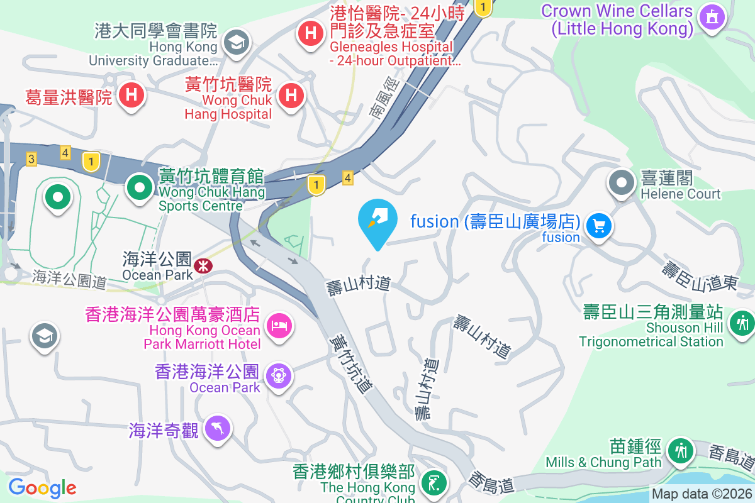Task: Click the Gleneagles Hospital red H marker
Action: (x=310, y=31)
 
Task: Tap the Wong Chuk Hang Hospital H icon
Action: (x=291, y=96)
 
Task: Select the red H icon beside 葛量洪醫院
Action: (x=131, y=96)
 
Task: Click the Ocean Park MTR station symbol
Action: (x=203, y=266)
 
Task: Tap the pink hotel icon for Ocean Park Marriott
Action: (x=277, y=325)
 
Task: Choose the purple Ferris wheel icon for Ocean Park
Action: (x=277, y=375)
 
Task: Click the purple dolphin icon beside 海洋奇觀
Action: (x=218, y=429)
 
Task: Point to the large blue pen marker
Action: (x=377, y=220)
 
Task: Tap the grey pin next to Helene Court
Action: (x=622, y=183)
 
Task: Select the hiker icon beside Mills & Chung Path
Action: (x=680, y=451)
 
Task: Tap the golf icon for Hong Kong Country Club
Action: (x=434, y=483)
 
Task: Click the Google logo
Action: (x=42, y=488)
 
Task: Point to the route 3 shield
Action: (x=31, y=158)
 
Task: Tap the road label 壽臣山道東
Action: (x=698, y=276)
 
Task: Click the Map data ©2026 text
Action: (x=702, y=494)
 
